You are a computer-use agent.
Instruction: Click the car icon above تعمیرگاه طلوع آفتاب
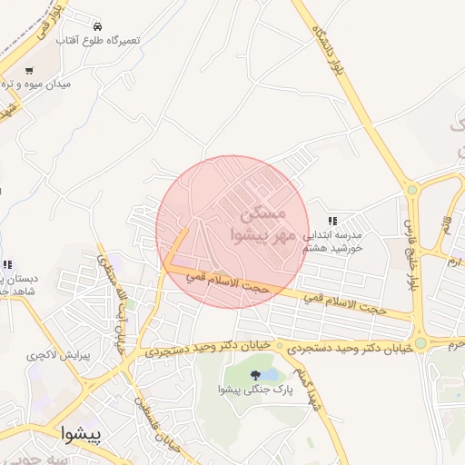click(x=97, y=25)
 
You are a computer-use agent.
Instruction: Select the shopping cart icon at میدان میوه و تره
click(x=29, y=71)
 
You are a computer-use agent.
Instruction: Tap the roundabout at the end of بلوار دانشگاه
click(x=411, y=191)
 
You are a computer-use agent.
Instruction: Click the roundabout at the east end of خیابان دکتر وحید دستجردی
click(x=420, y=343)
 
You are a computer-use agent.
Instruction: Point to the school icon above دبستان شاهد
click(x=7, y=265)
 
